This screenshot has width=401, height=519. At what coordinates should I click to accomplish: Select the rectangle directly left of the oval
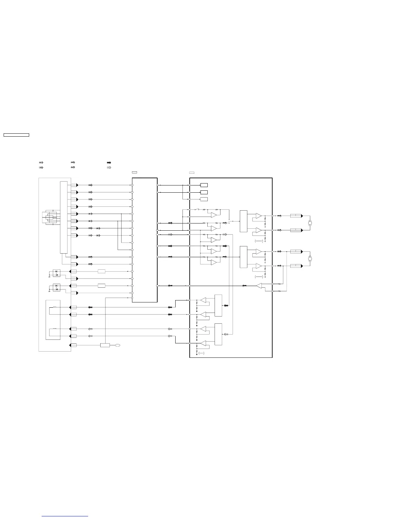[105, 345]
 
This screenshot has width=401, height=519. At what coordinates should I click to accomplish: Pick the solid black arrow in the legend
[109, 163]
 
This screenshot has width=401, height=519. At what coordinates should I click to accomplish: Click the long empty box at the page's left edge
[16, 135]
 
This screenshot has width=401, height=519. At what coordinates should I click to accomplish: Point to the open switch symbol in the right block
[197, 209]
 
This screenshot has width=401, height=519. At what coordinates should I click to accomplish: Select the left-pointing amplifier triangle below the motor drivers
[259, 286]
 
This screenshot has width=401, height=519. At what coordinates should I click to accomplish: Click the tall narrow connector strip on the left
[64, 217]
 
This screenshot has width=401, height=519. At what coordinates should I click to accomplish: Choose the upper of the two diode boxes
[57, 273]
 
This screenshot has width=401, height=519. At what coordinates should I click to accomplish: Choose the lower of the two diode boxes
[57, 288]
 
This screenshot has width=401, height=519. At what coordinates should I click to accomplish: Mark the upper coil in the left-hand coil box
[54, 307]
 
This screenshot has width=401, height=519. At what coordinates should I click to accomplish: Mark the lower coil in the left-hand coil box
[54, 329]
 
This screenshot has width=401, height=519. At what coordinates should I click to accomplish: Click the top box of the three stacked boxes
[204, 185]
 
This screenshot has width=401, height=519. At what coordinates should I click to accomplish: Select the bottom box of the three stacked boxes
[204, 199]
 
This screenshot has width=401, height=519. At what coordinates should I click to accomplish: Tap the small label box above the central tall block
[134, 172]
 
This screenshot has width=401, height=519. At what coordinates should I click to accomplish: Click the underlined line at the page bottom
[65, 516]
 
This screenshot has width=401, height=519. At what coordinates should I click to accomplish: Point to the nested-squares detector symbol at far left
[51, 217]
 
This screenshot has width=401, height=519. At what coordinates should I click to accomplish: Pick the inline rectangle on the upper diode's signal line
[102, 271]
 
